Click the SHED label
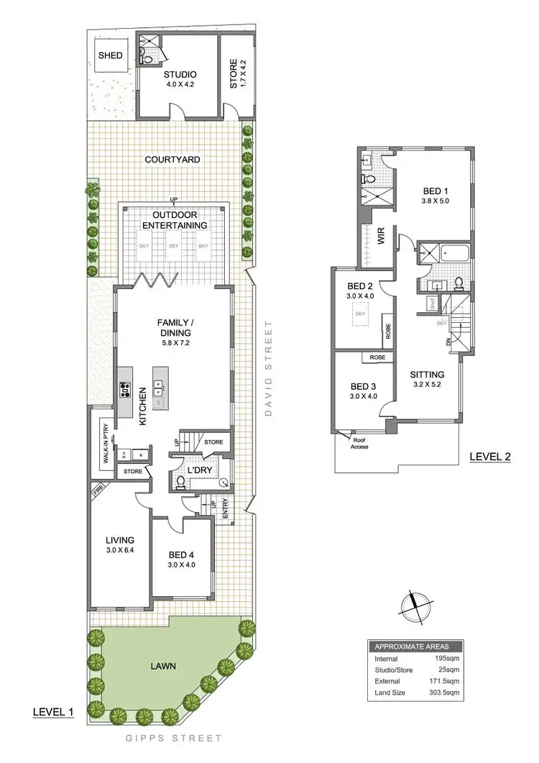point(110,55)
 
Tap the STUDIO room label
point(179,74)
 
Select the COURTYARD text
point(172,159)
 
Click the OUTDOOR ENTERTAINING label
point(175,220)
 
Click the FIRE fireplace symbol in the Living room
point(98,492)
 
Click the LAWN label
point(165,666)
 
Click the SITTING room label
point(427,375)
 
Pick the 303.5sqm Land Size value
point(445,693)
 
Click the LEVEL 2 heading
point(489,457)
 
